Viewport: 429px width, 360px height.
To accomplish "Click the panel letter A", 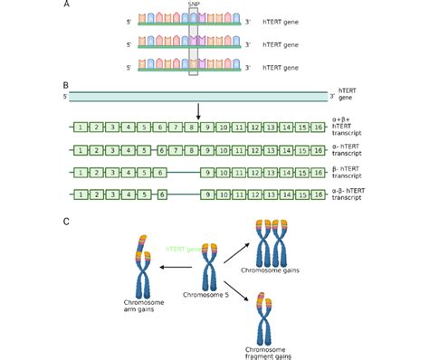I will [x=65, y=5].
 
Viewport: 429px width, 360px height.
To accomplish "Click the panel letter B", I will [x=65, y=82].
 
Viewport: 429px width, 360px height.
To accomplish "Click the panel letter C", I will [x=65, y=220].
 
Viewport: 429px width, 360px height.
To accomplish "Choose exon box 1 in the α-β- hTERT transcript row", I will [x=81, y=193].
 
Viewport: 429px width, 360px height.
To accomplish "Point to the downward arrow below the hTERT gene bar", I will [x=197, y=111].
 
